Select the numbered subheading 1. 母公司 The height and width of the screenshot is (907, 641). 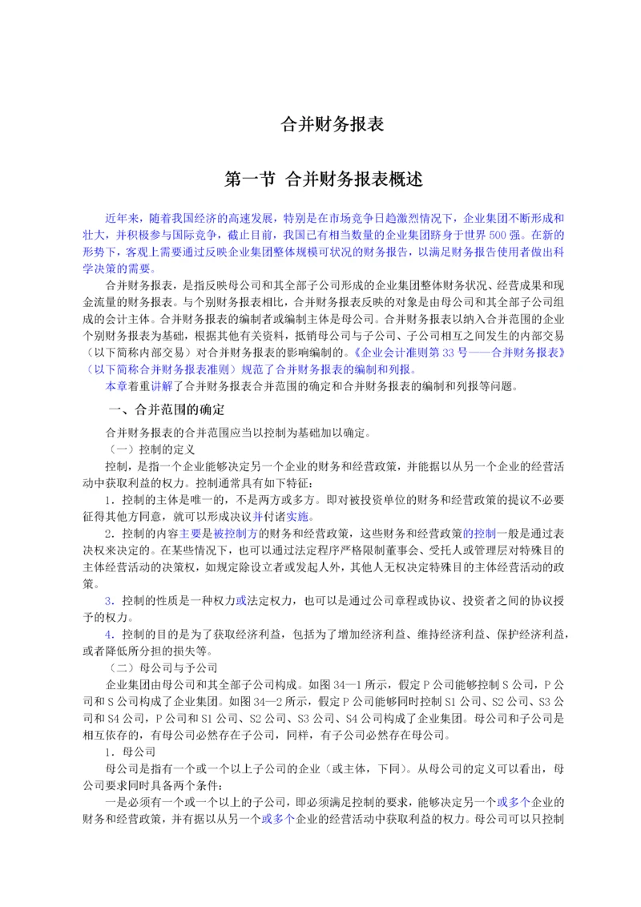pyautogui.click(x=123, y=751)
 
